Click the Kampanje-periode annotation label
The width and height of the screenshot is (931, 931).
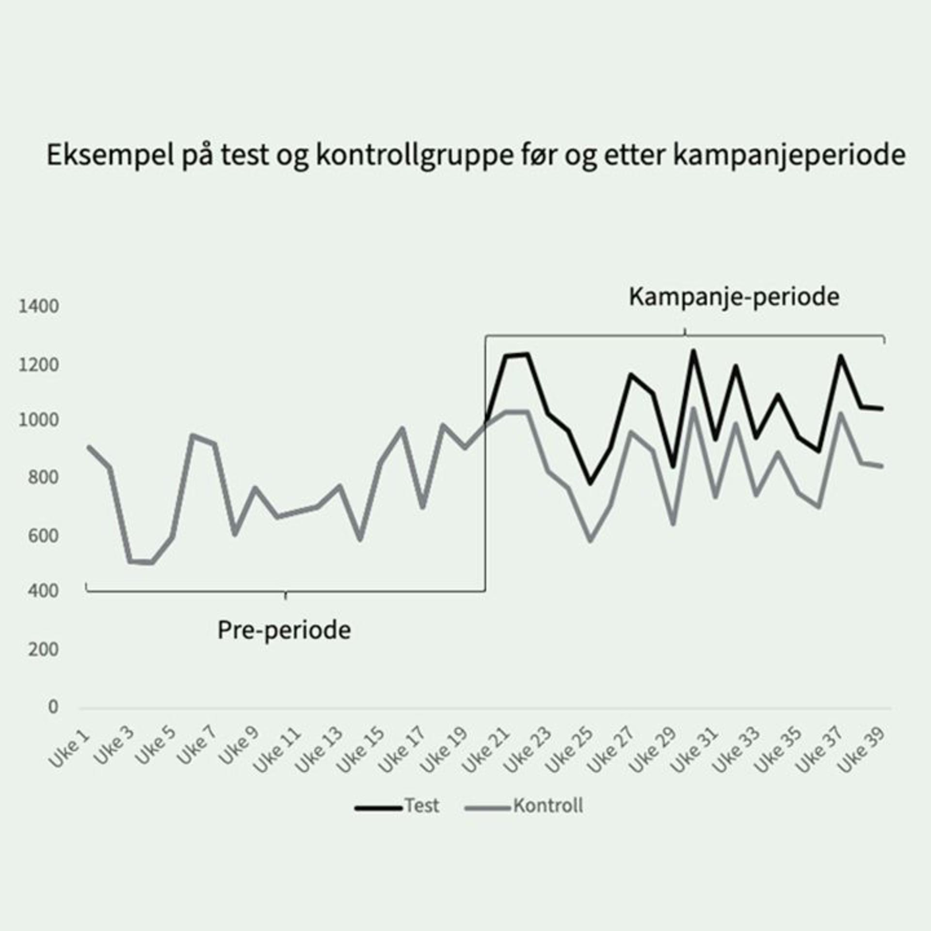pos(734,297)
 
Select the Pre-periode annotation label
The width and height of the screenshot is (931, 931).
pos(284,630)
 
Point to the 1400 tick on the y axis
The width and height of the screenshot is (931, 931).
pos(38,306)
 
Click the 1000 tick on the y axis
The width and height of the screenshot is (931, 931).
pos(38,420)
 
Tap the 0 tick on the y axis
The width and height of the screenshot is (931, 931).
pos(53,707)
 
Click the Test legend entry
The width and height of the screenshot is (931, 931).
pos(421,805)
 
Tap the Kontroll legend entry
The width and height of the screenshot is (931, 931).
pos(548,805)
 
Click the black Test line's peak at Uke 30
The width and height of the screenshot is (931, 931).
pos(693,351)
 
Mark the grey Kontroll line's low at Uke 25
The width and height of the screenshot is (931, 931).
pos(590,540)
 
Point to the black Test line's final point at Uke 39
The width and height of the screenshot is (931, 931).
pos(882,409)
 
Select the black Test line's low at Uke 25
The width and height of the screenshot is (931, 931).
pos(590,483)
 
